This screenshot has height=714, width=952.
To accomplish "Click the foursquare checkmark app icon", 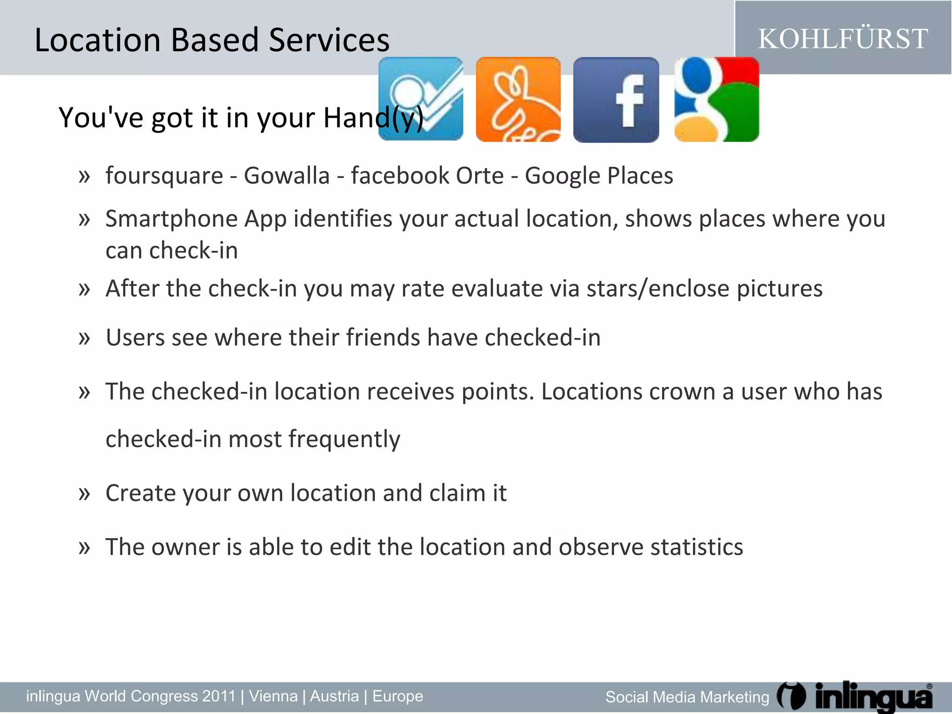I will click(421, 99).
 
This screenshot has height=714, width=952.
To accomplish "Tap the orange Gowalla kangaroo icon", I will click(518, 99).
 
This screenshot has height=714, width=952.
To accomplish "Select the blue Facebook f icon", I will click(616, 99).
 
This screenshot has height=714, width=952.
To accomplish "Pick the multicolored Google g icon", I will click(716, 99).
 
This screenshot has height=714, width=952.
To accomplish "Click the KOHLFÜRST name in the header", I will click(843, 39).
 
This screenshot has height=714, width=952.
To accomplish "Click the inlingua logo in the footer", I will click(855, 697).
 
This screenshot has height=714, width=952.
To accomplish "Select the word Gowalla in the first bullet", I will click(287, 176).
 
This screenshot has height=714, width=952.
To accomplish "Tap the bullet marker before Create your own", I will click(84, 493).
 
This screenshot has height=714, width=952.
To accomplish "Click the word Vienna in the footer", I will click(273, 696).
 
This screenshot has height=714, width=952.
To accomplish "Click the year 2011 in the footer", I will click(219, 696).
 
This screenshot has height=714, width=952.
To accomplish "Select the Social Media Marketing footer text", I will click(687, 697).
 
